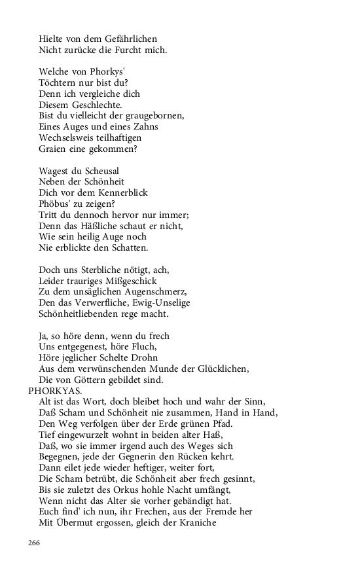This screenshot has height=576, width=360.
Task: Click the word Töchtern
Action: (x=56, y=82)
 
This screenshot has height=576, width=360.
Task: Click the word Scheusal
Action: (x=92, y=171)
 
